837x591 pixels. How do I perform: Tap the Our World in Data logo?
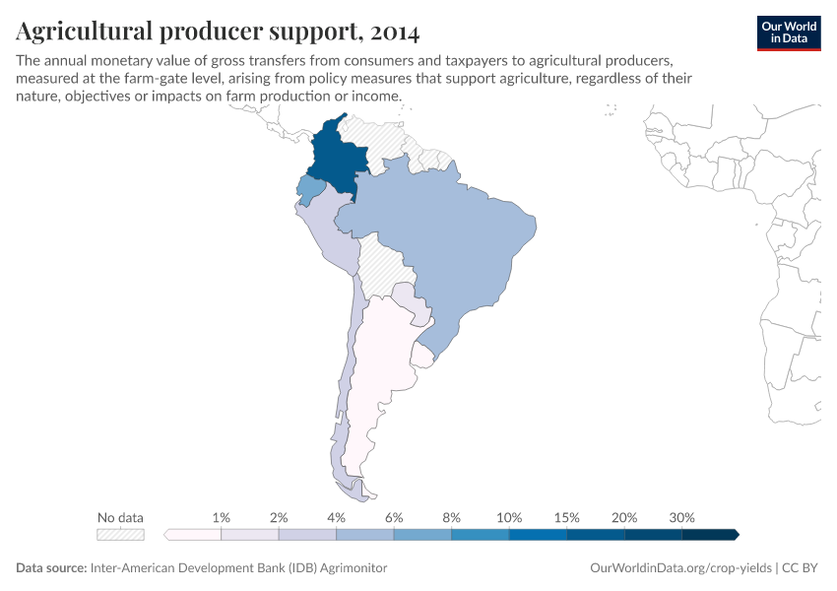(x=788, y=33)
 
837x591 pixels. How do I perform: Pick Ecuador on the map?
(x=309, y=188)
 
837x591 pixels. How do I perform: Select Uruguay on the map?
(x=424, y=354)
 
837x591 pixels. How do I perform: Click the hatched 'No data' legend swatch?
(x=120, y=535)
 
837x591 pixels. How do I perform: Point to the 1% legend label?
(x=222, y=517)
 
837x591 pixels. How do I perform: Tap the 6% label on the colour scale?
(x=394, y=517)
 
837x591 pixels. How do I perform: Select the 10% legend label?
(x=509, y=517)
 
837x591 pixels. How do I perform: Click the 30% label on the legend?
(x=681, y=517)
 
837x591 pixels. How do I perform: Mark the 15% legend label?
(x=566, y=517)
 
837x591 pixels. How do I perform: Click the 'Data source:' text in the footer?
(x=51, y=568)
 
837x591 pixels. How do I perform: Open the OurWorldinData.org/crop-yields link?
(x=680, y=568)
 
